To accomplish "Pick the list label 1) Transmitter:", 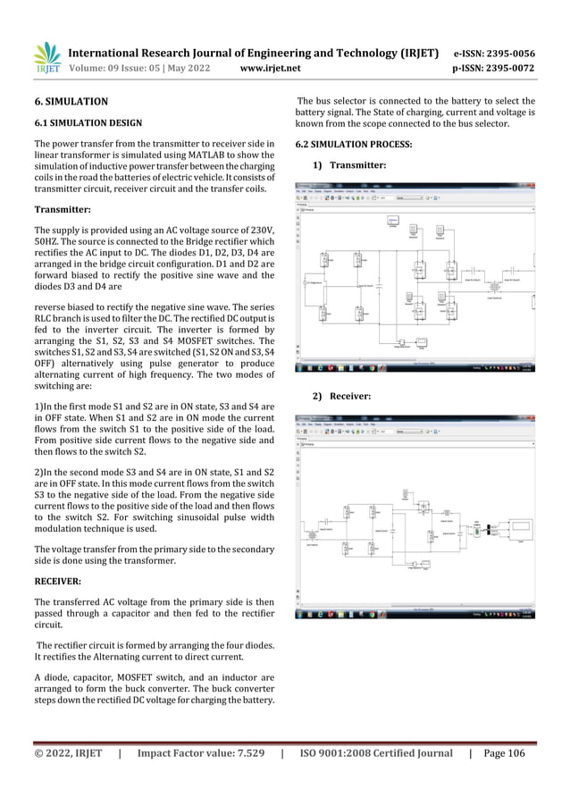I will click(348, 165).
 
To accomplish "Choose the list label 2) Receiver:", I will click(342, 395).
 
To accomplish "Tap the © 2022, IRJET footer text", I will click(68, 753).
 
